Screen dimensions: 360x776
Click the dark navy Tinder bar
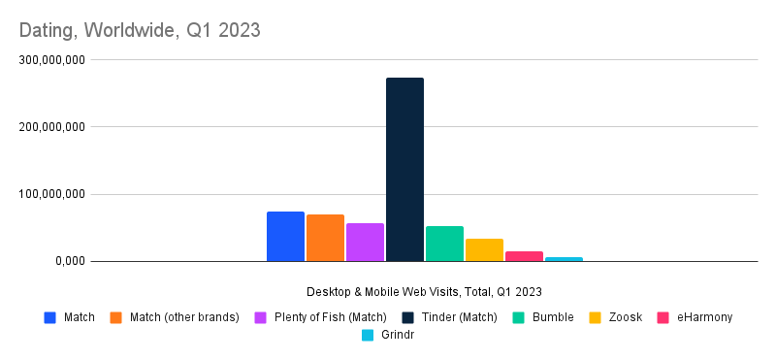coord(404,170)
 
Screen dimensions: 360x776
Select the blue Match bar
coord(285,237)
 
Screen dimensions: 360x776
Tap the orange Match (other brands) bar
coord(325,238)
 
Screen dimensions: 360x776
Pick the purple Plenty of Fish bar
coord(365,243)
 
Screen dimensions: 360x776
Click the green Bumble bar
coord(444,244)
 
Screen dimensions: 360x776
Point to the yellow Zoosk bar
coord(484,250)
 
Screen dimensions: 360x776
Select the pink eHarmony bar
coord(524,256)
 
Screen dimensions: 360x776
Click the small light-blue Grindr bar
coord(564,259)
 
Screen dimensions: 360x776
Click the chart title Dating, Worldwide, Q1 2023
coord(140,30)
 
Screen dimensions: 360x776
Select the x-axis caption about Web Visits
coord(424,291)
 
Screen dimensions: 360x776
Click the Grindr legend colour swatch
coord(368,335)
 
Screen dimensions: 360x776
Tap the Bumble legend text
coord(553,317)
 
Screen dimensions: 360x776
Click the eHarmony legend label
coord(704,317)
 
